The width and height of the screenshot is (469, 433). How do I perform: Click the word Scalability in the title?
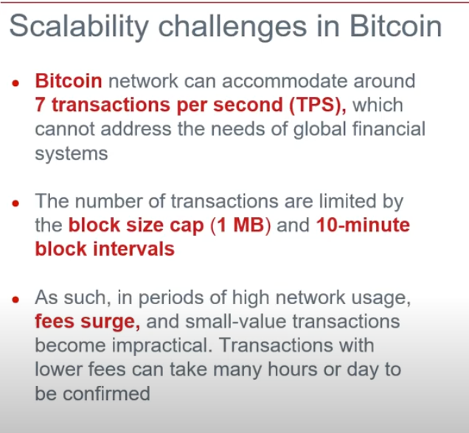(79, 27)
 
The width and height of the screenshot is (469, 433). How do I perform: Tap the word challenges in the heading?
(232, 27)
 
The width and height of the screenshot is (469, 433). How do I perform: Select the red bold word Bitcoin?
(69, 80)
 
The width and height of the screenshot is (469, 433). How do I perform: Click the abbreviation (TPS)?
(318, 105)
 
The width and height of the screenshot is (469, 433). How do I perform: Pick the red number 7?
(40, 105)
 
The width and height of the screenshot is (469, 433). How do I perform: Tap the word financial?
(389, 129)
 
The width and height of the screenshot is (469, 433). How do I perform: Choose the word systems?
(72, 154)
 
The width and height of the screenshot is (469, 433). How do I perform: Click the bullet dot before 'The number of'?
(15, 203)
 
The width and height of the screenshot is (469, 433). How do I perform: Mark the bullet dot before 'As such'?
(15, 300)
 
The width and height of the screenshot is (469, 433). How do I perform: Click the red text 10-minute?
(363, 225)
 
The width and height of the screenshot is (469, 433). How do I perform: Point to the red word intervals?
(133, 249)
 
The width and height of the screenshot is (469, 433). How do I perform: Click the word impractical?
(162, 345)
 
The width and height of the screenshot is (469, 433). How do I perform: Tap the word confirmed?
(106, 393)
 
